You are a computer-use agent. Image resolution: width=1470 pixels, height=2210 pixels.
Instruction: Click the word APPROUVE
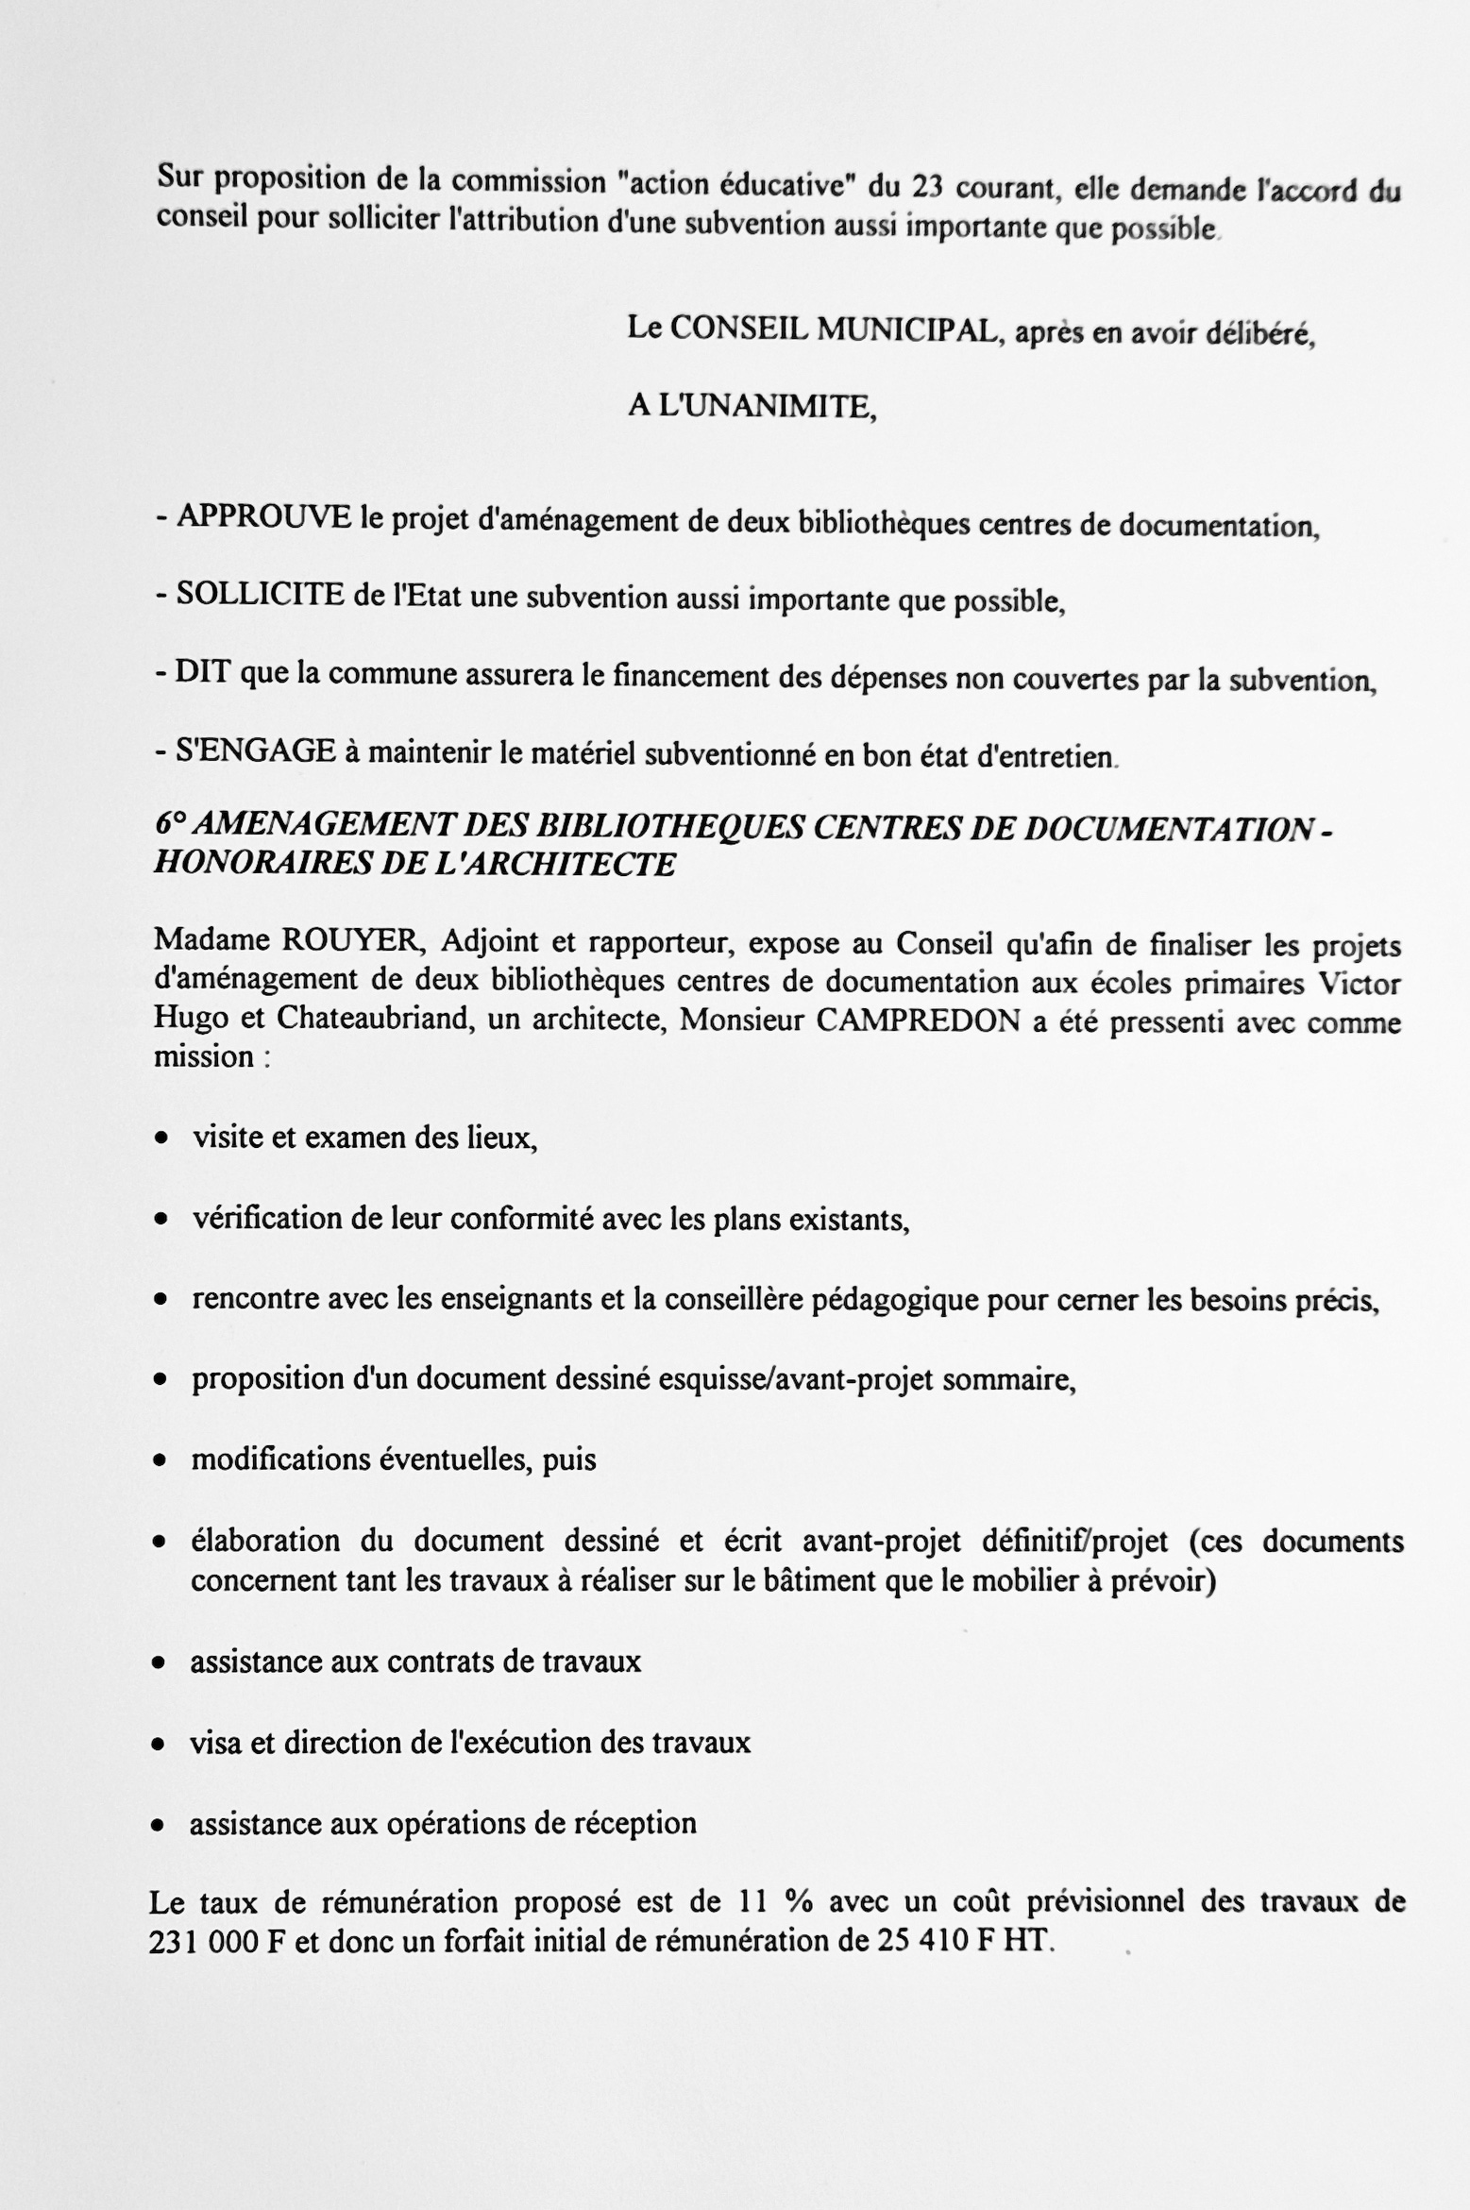(x=263, y=516)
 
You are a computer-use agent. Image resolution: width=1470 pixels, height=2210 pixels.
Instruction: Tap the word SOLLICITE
(x=260, y=594)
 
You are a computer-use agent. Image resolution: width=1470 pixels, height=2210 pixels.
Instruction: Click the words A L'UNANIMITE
(x=752, y=407)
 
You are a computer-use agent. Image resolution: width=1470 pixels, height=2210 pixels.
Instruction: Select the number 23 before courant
(x=929, y=186)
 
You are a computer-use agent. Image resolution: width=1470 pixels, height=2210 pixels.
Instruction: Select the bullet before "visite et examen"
(x=162, y=1140)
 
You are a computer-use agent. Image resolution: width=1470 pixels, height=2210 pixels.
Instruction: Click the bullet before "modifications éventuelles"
(x=161, y=1461)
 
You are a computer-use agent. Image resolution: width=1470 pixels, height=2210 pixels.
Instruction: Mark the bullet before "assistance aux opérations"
(x=161, y=1825)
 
